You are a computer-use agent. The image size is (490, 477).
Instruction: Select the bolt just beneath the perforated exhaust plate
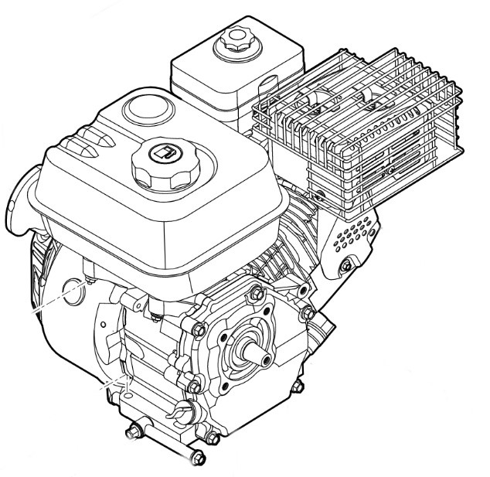pyautogui.click(x=343, y=267)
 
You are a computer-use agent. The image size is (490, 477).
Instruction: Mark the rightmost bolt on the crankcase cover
pyautogui.click(x=307, y=312)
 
